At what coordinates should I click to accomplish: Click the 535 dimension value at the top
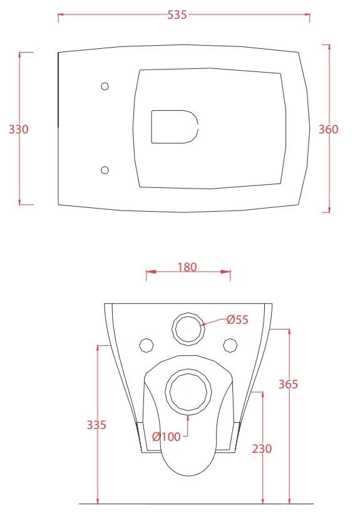177,15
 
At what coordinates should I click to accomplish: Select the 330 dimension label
19,129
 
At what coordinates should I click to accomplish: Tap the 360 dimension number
328,129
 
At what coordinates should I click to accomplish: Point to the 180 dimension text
187,267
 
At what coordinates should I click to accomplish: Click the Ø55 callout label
237,319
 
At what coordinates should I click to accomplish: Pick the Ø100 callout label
167,437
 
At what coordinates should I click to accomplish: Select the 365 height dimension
288,384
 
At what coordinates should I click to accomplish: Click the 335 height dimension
96,425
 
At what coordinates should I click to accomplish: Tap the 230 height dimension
262,448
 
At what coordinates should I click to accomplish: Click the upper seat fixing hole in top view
105,86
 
